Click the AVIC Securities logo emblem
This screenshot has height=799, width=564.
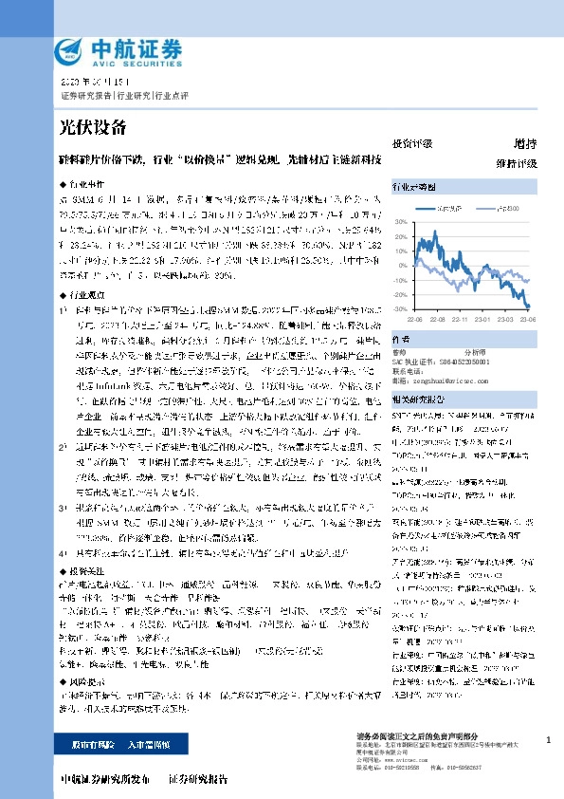pyautogui.click(x=68, y=50)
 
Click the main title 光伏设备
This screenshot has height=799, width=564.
pyautogui.click(x=93, y=126)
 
